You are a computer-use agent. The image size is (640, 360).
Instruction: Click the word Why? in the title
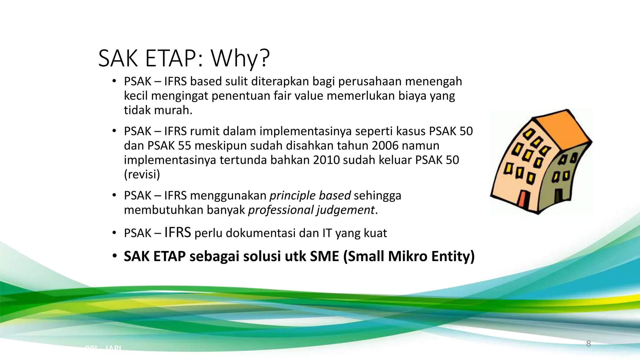[240, 58]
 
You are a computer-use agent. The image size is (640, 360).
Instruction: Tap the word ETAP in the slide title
[171, 58]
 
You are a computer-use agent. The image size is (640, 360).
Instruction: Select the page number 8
[588, 344]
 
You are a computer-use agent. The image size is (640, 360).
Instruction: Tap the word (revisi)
[142, 174]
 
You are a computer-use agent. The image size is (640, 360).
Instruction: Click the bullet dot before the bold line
[115, 256]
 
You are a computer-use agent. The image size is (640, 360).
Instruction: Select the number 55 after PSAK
[184, 146]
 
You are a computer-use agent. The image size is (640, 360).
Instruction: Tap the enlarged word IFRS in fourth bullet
[177, 232]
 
